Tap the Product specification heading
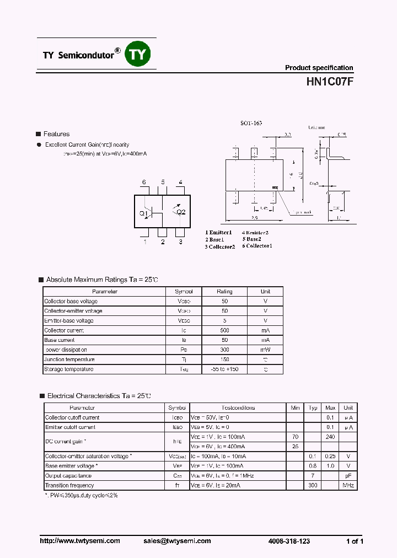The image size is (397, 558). pos(319,68)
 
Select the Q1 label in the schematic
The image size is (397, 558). pos(143,213)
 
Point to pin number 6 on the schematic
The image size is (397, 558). pos(144,183)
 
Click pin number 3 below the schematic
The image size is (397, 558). pos(180,242)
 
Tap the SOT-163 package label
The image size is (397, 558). pos(251,123)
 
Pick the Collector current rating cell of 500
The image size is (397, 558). pos(224,330)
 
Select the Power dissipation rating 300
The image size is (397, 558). pos(224,350)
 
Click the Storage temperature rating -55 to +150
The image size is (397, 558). pos(224,369)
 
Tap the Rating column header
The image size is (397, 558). pos(224,291)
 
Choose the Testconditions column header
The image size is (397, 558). pos(238,408)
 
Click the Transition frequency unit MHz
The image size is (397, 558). pos(348,485)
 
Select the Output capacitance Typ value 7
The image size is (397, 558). pos(313,475)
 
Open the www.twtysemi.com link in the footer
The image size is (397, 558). pos(80,541)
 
